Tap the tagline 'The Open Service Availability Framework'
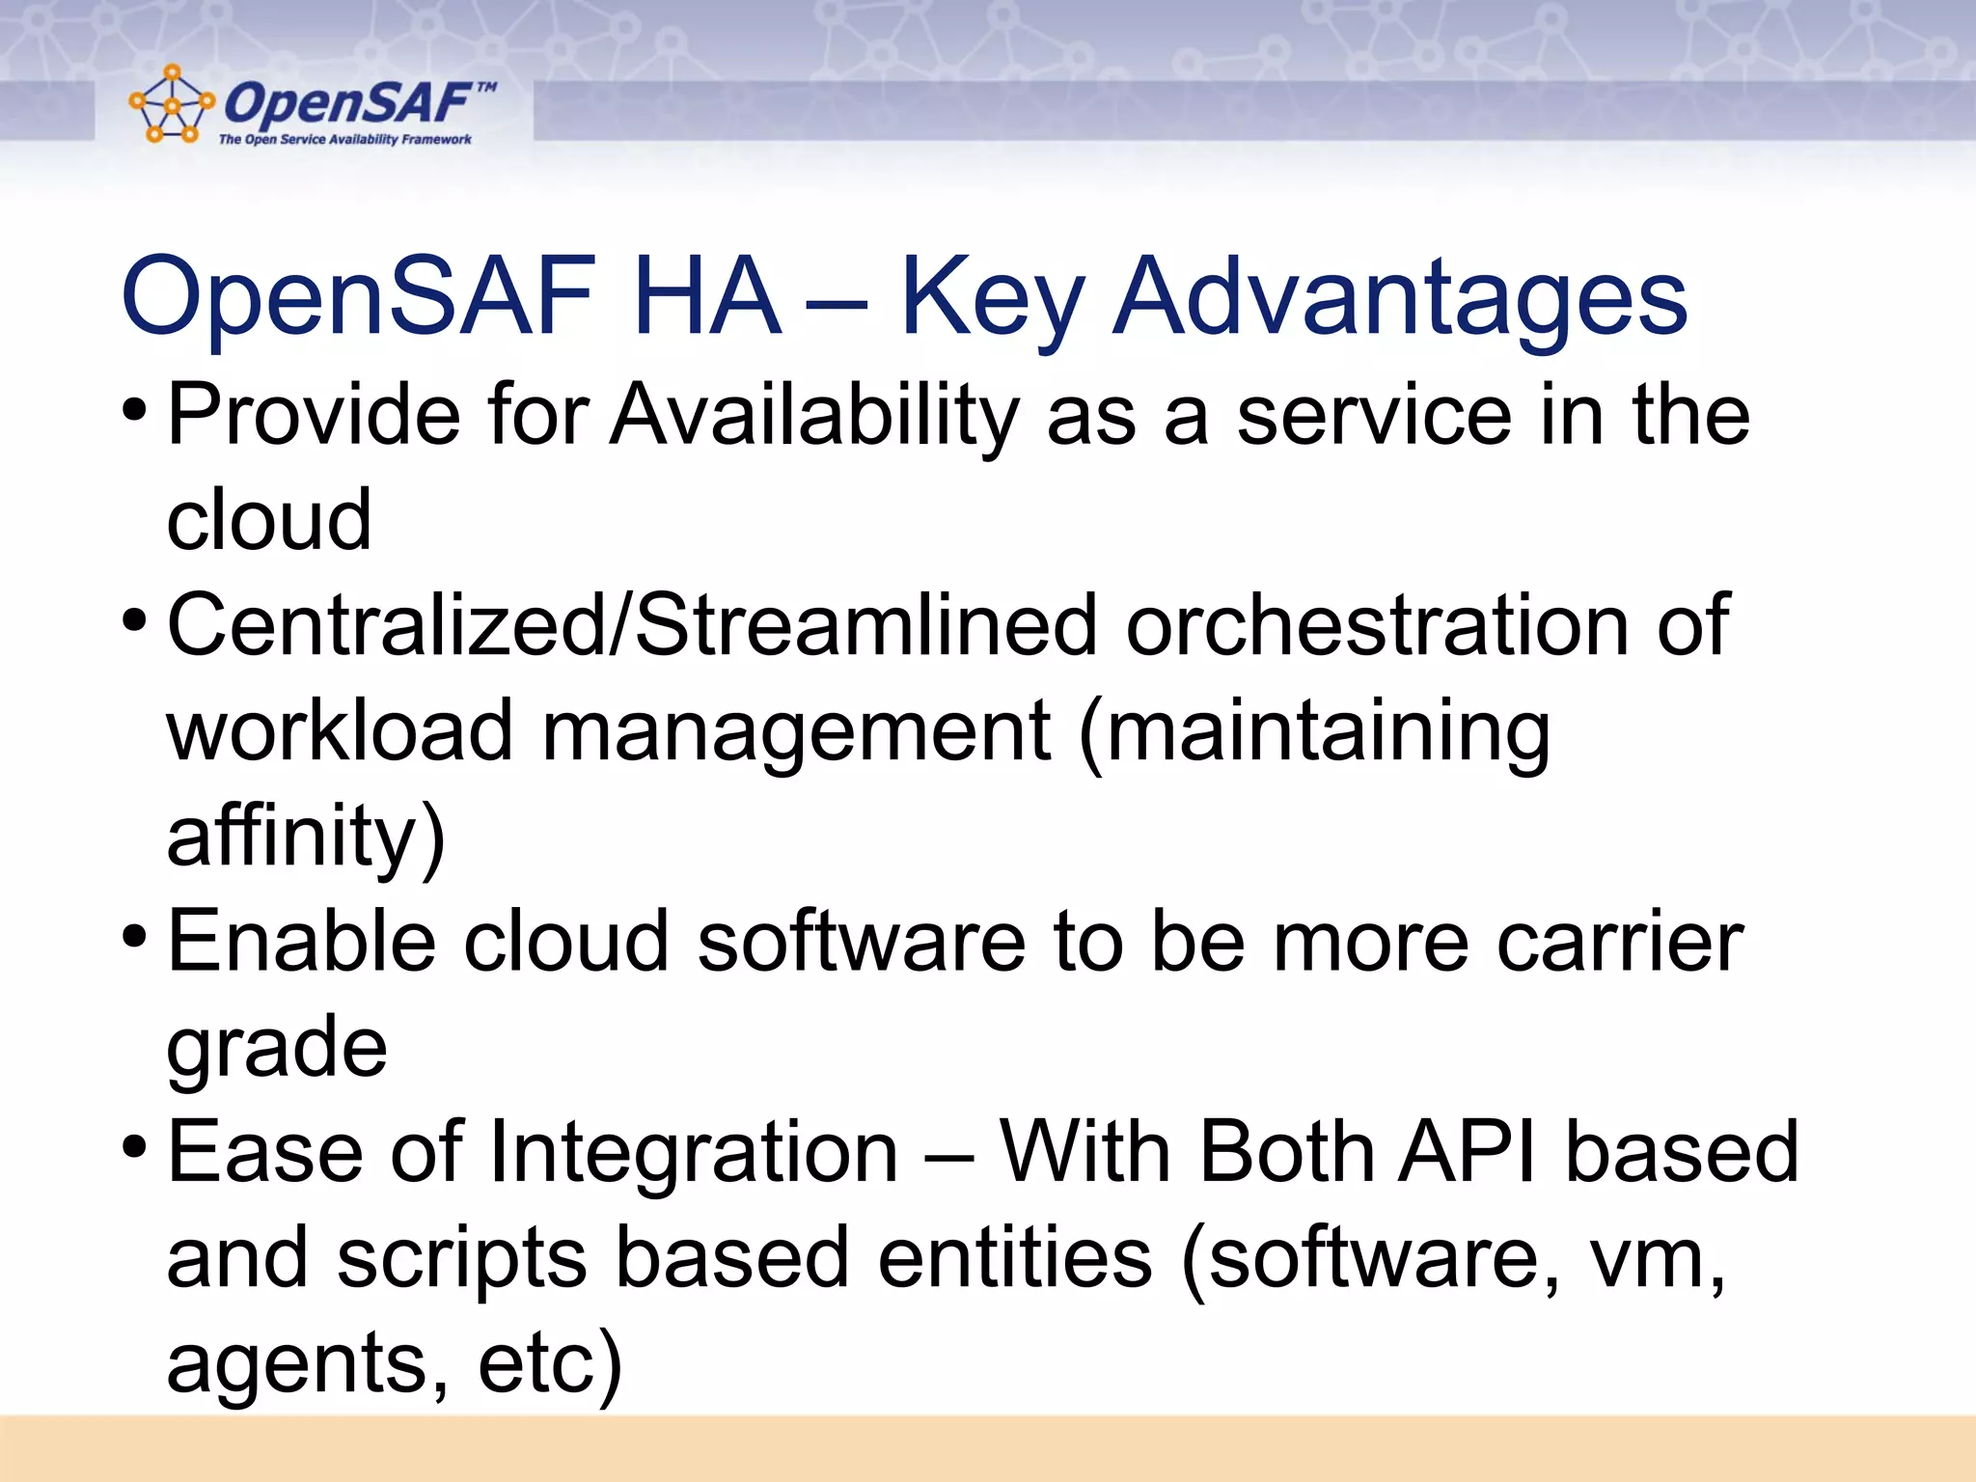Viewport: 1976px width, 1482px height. pos(344,140)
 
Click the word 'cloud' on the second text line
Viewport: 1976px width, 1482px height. pos(268,520)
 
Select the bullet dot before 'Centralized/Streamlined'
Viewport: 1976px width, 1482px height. pos(135,620)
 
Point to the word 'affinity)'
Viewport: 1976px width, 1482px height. pos(305,838)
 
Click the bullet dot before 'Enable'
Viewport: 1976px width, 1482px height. pos(135,936)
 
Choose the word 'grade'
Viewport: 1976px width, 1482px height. pos(277,1050)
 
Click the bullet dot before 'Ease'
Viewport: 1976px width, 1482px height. pos(135,1147)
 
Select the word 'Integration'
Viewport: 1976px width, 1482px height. pos(694,1154)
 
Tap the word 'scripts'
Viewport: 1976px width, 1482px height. pos(462,1260)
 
